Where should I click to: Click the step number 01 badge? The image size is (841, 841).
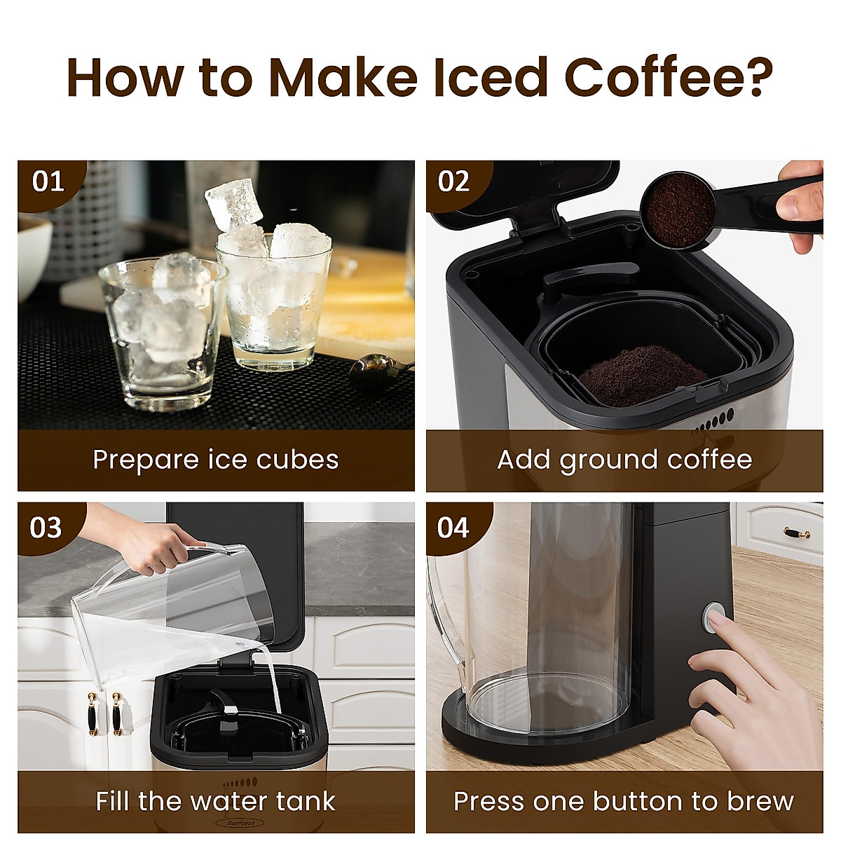48,182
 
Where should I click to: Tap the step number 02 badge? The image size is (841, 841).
453,182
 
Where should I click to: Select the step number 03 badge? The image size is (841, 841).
46,527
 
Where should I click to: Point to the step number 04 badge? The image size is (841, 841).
453,527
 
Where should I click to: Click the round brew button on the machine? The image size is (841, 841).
714,617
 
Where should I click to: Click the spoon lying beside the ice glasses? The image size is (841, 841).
375,366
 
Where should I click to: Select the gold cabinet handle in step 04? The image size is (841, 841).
797,533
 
